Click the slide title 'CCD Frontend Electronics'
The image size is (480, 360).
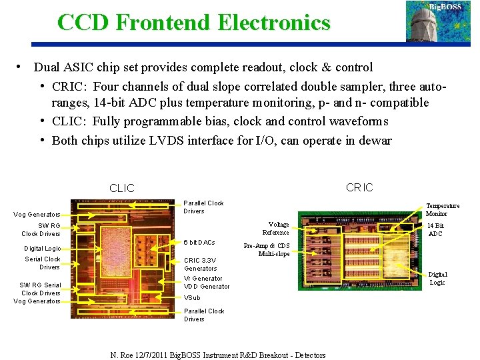(193, 23)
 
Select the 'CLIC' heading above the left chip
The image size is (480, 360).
(121, 188)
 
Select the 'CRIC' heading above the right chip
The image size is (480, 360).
(359, 187)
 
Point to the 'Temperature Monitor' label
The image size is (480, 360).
(442, 209)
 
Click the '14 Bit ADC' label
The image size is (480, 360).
(435, 230)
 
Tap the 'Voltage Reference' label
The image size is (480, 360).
(275, 229)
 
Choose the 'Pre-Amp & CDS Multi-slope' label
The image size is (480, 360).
(267, 249)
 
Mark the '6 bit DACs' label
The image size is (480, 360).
(199, 242)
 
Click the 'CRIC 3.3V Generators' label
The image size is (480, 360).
(201, 264)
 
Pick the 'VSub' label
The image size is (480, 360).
(192, 297)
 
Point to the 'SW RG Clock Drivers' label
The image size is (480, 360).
(41, 230)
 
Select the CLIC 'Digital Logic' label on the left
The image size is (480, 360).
(43, 249)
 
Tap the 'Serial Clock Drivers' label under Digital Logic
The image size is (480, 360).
(43, 263)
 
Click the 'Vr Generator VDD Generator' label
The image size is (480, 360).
(206, 282)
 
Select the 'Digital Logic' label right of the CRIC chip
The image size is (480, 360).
(437, 278)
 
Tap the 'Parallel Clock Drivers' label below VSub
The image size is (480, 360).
(203, 315)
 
